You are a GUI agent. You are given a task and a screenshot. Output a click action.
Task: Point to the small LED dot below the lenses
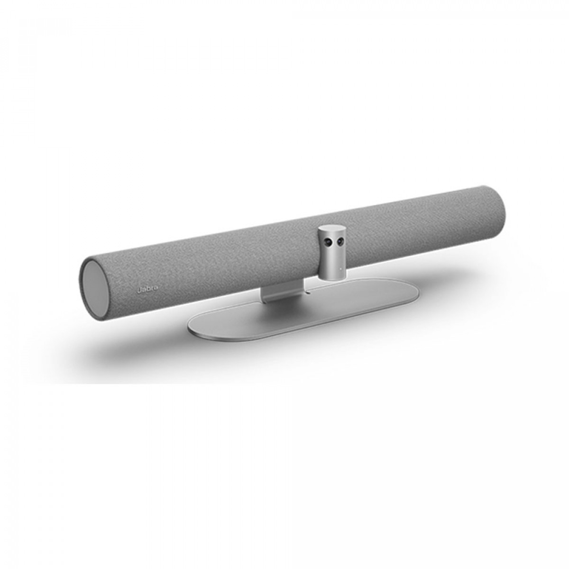click(x=338, y=273)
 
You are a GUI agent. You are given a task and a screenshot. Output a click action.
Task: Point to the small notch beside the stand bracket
click(x=307, y=292)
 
